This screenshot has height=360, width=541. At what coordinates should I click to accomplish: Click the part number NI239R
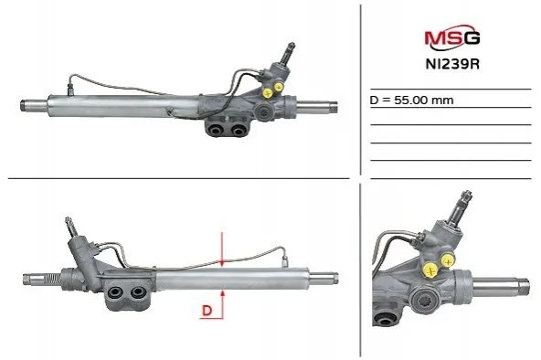(452, 64)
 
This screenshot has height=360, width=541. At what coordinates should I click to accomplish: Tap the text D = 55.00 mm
(411, 101)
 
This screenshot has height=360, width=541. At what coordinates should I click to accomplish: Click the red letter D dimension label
(207, 311)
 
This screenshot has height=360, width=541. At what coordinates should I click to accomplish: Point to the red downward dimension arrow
(222, 249)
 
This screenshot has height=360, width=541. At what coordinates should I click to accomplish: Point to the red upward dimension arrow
(223, 304)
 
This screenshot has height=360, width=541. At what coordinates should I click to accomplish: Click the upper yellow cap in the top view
(278, 87)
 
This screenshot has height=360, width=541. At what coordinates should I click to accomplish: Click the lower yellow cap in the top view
(268, 92)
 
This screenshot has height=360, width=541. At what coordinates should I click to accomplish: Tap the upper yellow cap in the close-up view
(448, 261)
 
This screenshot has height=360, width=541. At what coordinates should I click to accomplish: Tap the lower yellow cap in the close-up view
(431, 270)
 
